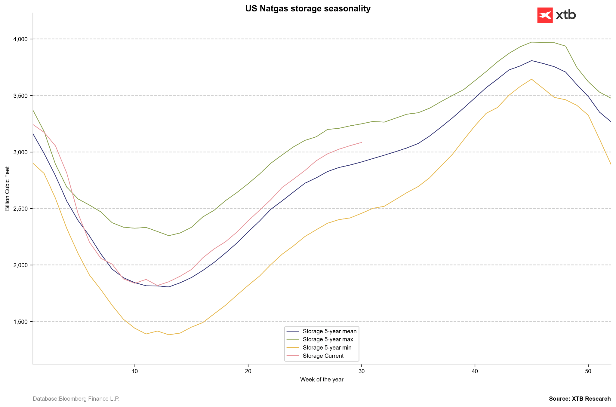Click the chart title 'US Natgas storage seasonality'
point(308,9)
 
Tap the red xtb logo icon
point(545,15)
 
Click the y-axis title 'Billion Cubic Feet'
point(8,188)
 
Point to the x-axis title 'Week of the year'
point(322,380)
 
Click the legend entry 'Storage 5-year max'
point(320,340)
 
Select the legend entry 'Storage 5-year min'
point(319,348)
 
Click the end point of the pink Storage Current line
point(362,142)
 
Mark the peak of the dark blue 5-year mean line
point(532,61)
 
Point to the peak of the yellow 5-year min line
point(532,79)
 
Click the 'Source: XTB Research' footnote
point(580,399)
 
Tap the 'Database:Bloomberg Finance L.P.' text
point(76,399)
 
